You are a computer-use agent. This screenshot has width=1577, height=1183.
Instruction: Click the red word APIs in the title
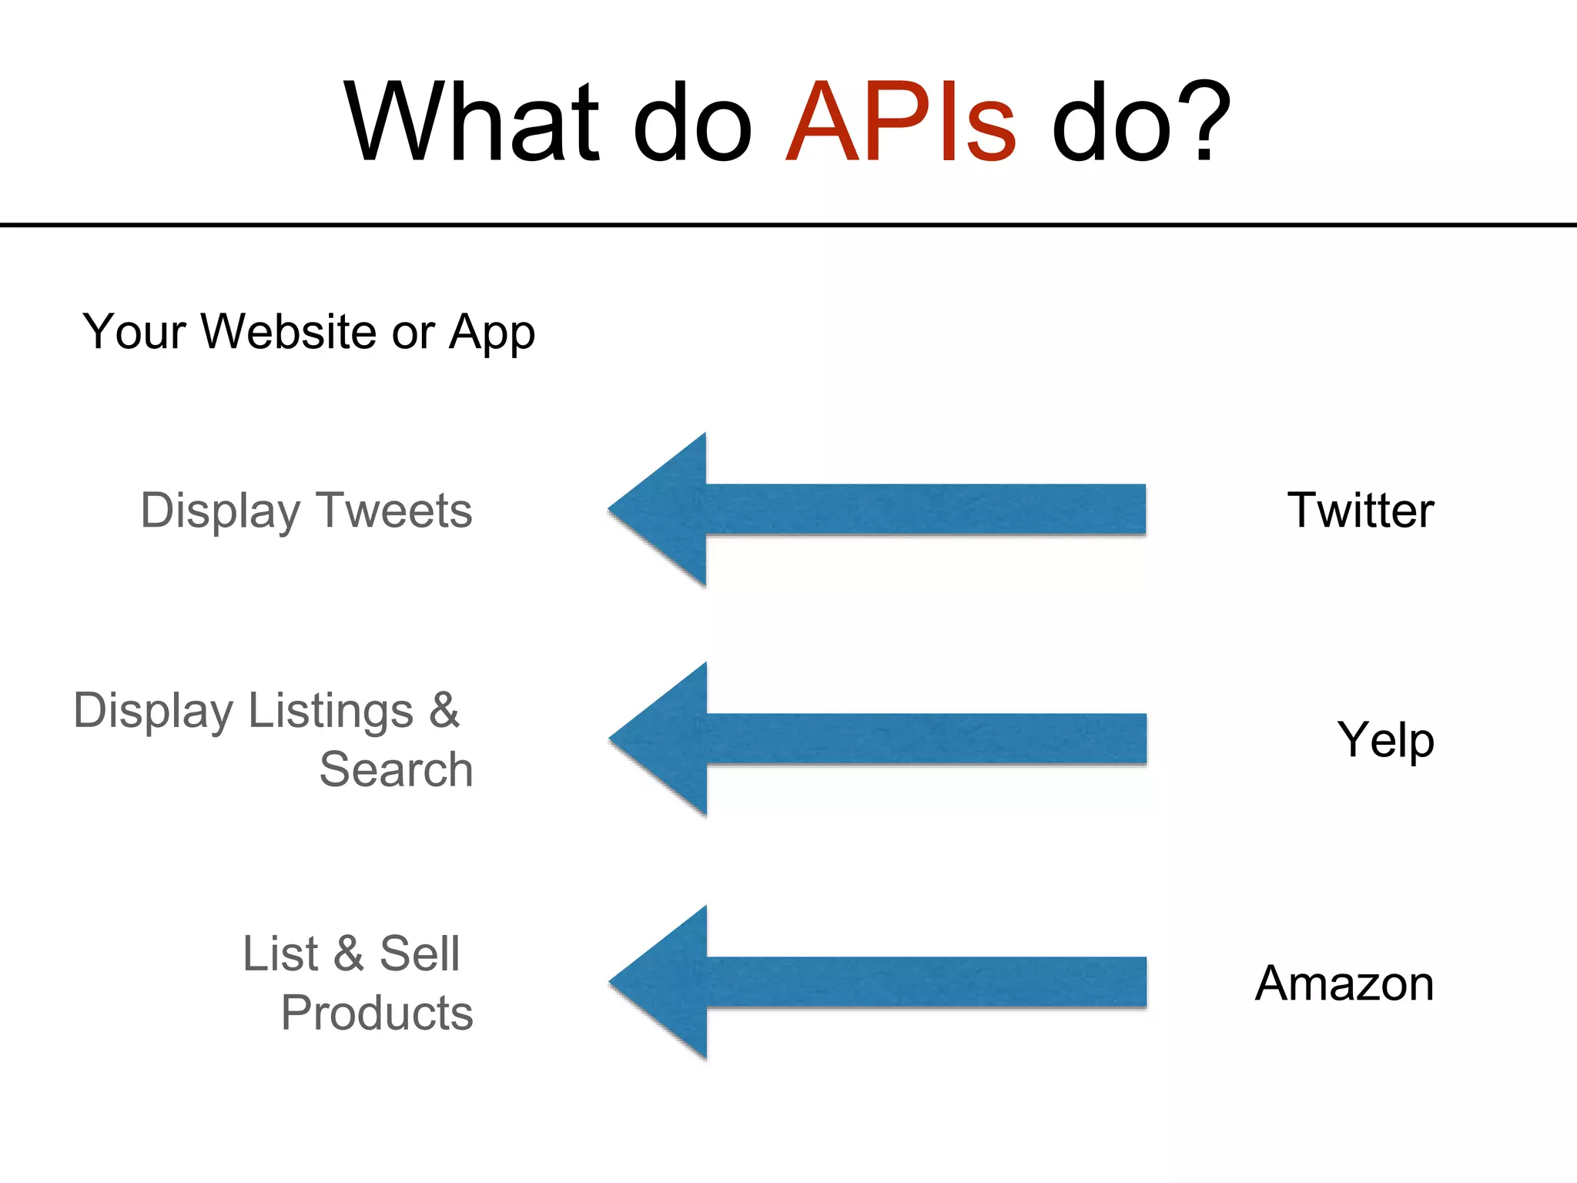point(901,123)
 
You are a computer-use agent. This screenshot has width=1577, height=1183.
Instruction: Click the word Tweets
point(394,511)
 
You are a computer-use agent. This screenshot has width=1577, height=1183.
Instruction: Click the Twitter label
point(1361,511)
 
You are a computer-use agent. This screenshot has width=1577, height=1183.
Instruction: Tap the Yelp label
point(1385,740)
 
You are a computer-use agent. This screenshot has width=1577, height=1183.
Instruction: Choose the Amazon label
point(1344,984)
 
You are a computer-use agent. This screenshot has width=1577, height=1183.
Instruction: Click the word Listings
point(331,711)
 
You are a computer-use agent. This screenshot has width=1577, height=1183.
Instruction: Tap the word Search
point(396,769)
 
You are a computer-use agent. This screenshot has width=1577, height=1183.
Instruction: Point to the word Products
point(377,1013)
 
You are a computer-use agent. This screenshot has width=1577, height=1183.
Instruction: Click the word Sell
point(420,953)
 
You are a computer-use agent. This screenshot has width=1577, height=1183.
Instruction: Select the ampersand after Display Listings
point(444,710)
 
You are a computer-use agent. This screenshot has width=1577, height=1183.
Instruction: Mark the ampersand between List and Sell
point(348,953)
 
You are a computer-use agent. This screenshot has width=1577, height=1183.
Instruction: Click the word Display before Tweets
point(220,511)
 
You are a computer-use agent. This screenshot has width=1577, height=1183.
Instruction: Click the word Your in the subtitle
point(134,332)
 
